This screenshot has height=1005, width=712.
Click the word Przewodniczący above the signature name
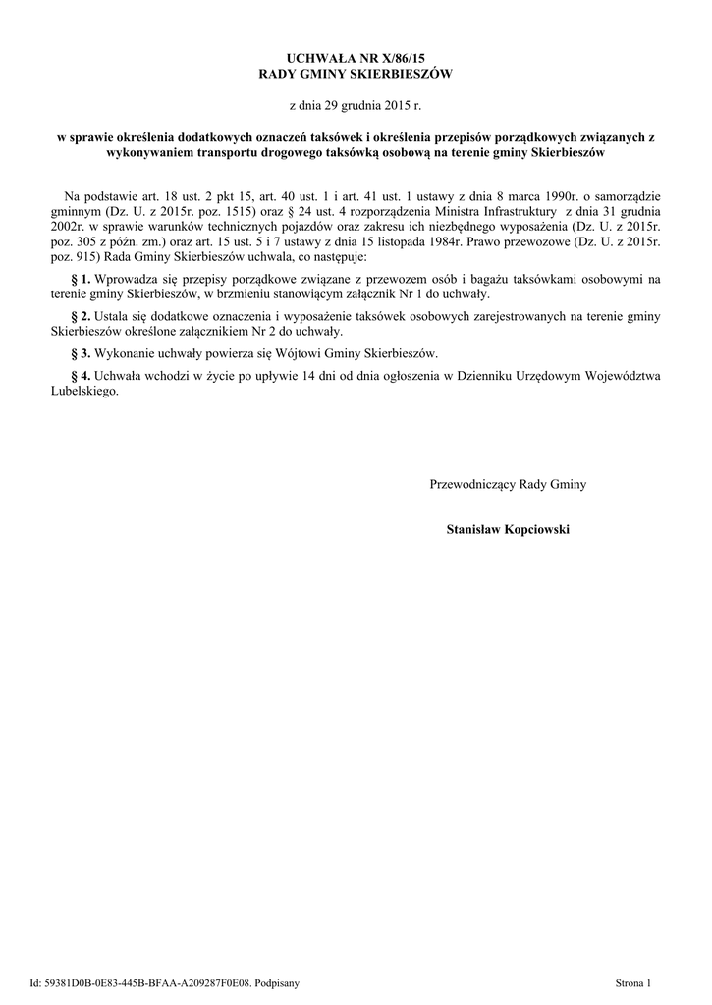pos(474,483)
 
